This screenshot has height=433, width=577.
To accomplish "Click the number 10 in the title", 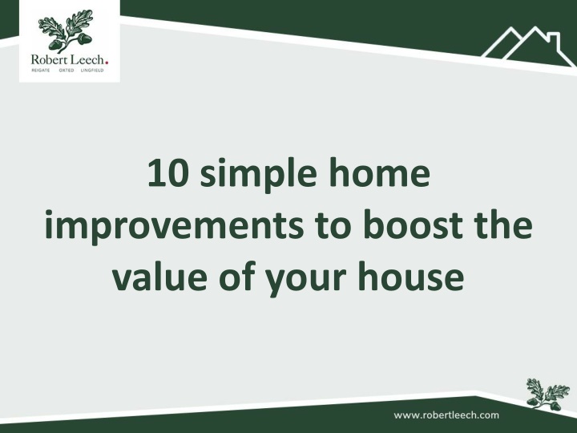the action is tap(168, 172).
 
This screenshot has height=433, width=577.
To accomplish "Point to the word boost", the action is tap(413, 224).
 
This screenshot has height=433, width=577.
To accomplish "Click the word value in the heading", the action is tap(159, 275).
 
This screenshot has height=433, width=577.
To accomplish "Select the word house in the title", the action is tap(410, 275).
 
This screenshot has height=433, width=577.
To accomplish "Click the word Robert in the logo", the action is tap(49, 59).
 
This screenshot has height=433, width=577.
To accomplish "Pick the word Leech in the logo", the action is tap(87, 59).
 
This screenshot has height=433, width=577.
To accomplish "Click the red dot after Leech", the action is tap(107, 63).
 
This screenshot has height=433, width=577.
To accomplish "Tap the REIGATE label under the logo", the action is tap(41, 71).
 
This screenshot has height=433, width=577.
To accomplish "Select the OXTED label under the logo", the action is tap(67, 71).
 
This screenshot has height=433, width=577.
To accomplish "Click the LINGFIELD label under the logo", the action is tap(92, 71).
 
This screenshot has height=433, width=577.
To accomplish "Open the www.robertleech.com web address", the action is tap(446, 415).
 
